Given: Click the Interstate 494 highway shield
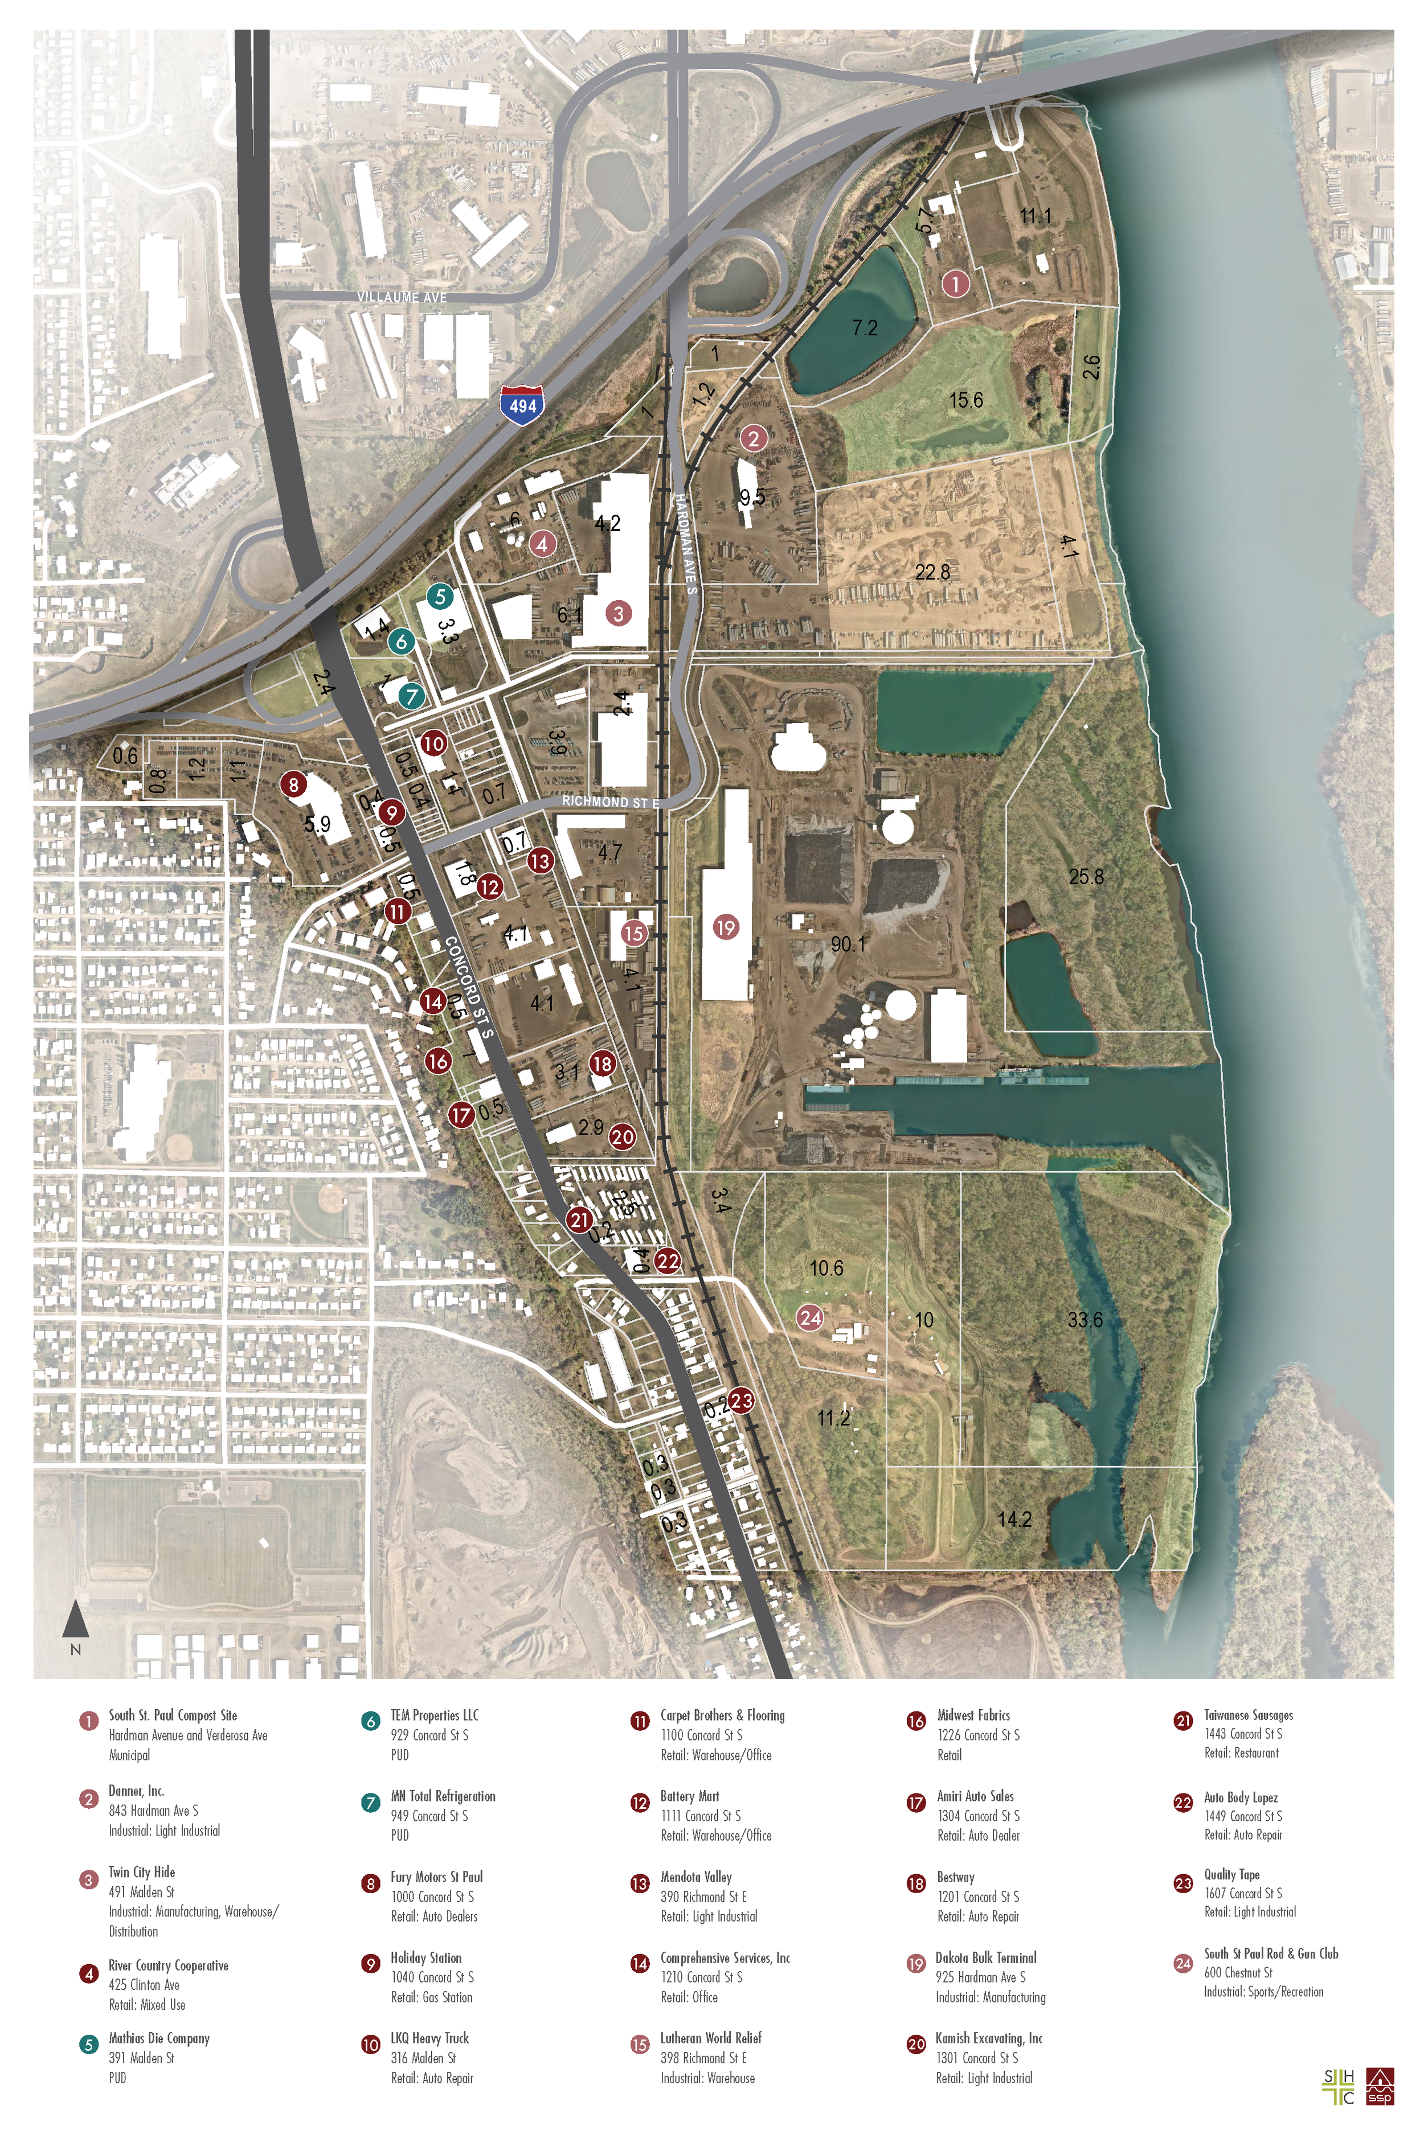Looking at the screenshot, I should coord(522,405).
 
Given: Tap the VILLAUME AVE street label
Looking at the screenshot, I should coord(402,297).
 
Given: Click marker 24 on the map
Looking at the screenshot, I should coord(809,1317).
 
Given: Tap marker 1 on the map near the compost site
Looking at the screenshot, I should coord(955,283).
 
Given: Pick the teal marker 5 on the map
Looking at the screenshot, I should coord(440,597).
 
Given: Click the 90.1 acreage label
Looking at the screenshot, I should coord(848,944).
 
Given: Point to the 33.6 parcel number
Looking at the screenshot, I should coord(1085,1319).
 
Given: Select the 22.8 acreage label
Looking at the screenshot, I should coord(932,572).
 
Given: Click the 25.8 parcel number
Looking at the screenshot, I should coord(1086,877).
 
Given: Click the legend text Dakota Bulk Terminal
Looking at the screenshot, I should coord(985,1957).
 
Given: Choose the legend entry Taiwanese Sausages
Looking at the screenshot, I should coord(1248,1715).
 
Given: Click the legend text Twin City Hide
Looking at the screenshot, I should coord(142,1872).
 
